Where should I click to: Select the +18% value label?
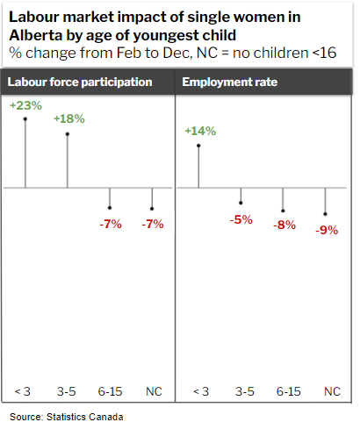pyautogui.click(x=68, y=118)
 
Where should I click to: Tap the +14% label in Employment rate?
pyautogui.click(x=199, y=131)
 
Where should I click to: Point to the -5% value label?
pyautogui.click(x=241, y=219)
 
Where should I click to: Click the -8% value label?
pyautogui.click(x=283, y=225)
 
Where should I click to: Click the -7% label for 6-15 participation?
pyautogui.click(x=110, y=224)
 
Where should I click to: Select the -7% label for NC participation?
pyautogui.click(x=153, y=224)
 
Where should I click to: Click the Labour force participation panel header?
pyautogui.click(x=80, y=82)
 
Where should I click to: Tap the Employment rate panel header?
pyautogui.click(x=220, y=82)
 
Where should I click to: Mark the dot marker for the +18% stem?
pyautogui.click(x=68, y=133)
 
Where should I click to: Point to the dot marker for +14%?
pyautogui.click(x=199, y=146)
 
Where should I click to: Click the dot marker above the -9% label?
pyautogui.click(x=325, y=214)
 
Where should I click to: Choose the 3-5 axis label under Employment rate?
pyautogui.click(x=241, y=390)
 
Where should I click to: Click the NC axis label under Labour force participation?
pyautogui.click(x=153, y=390)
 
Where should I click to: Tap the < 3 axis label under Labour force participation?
pyautogui.click(x=24, y=390)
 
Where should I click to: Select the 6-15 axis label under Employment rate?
pyautogui.click(x=288, y=390)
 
